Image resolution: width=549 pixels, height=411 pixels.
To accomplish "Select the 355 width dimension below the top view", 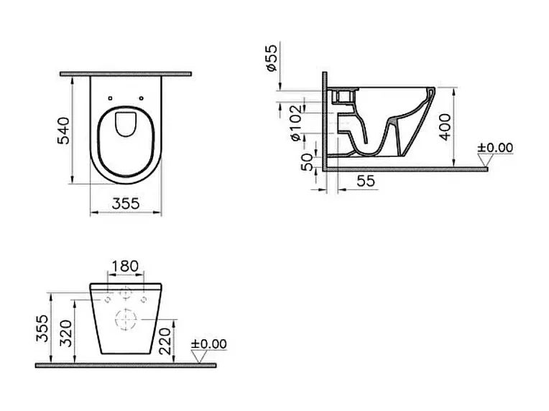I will pyautogui.click(x=125, y=204).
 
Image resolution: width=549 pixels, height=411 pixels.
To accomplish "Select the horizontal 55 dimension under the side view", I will pyautogui.click(x=366, y=182).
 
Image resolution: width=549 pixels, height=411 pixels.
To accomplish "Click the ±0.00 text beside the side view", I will pyautogui.click(x=496, y=148).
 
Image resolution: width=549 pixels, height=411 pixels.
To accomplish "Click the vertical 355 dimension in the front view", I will pyautogui.click(x=43, y=328).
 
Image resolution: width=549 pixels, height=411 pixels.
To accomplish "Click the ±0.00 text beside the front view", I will pyautogui.click(x=208, y=344).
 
